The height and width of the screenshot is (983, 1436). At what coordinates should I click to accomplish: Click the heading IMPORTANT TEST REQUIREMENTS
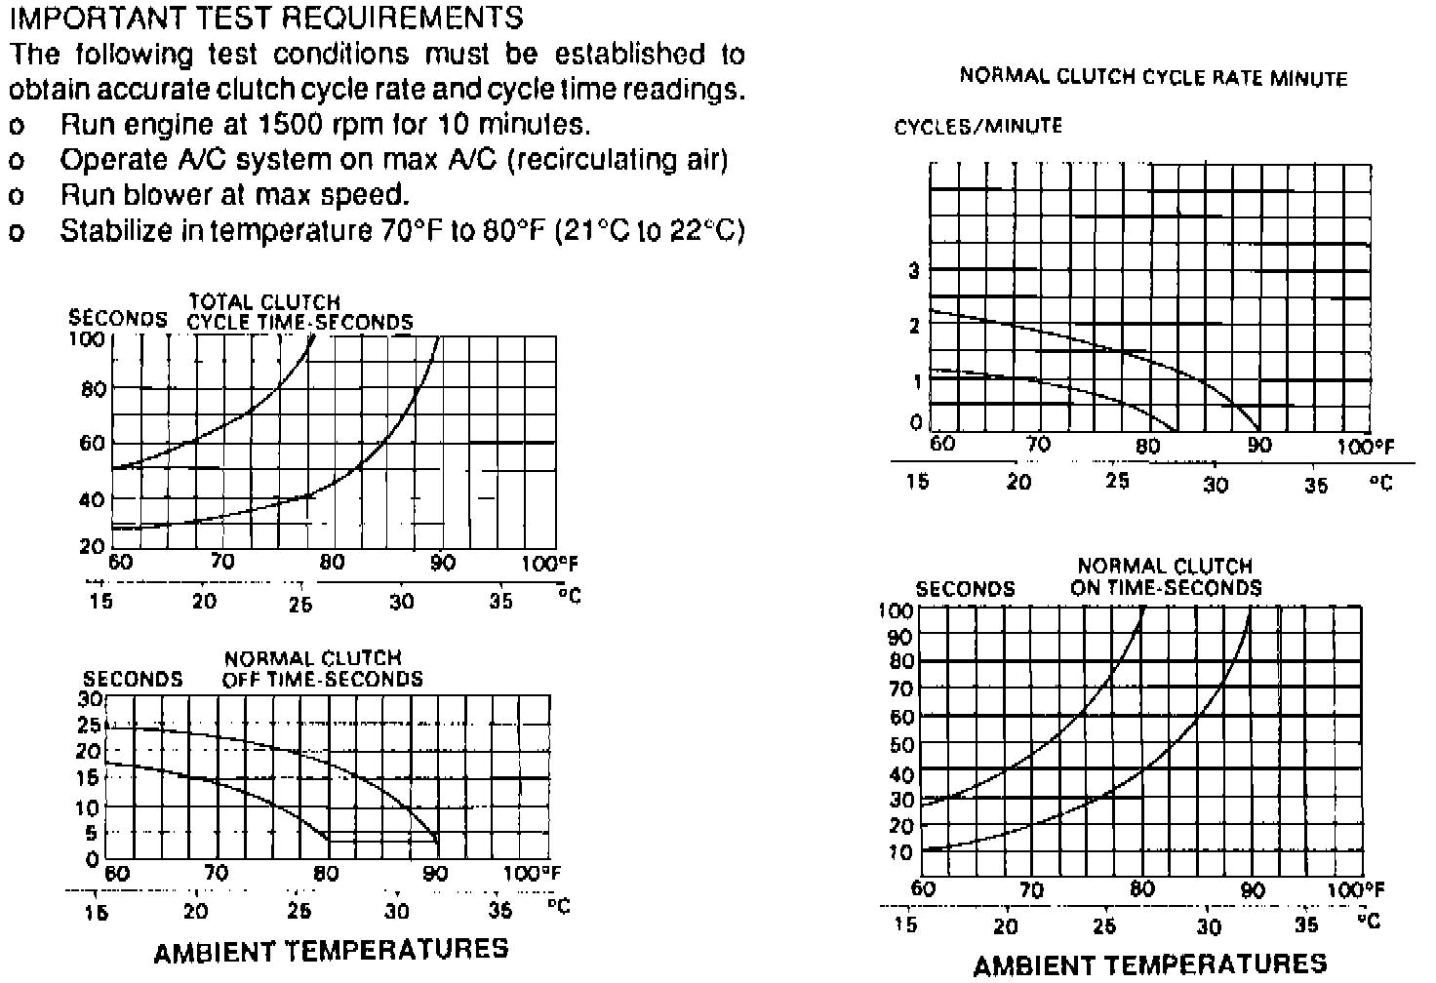point(266,17)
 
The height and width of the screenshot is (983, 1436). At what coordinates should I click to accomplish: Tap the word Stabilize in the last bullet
point(115,230)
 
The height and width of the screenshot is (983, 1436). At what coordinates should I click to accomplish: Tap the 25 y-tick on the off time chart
point(89,726)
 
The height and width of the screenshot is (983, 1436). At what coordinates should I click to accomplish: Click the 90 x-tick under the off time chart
point(436,874)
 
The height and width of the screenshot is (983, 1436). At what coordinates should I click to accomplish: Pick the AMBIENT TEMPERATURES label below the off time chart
point(331,949)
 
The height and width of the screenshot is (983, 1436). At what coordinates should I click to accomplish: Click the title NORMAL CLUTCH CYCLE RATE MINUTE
point(1153,77)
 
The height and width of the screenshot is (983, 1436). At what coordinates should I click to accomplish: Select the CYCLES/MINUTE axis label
point(977,126)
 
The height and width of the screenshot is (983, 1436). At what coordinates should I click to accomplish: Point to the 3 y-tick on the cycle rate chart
point(914,271)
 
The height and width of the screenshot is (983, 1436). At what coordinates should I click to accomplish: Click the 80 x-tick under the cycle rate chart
point(1148,446)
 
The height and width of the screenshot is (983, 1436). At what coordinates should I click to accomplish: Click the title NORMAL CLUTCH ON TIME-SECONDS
point(1165,576)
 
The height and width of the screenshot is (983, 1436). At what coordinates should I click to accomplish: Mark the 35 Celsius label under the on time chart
point(1306,924)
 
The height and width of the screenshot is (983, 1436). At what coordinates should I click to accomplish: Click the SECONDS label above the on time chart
point(965,589)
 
